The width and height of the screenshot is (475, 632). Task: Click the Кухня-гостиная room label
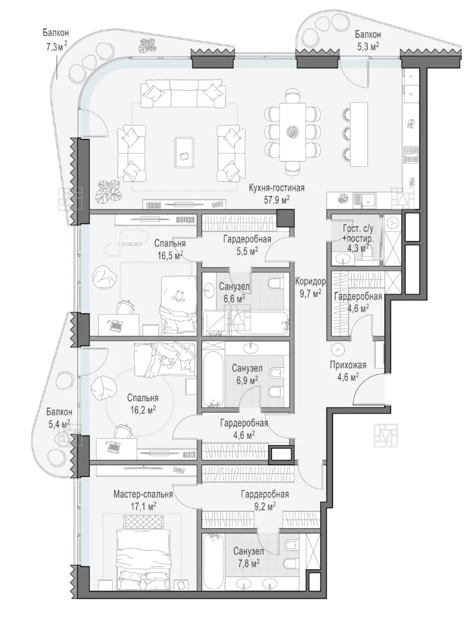[276, 188]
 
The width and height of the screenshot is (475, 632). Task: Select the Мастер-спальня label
[143, 494]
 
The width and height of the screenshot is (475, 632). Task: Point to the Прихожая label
[348, 365]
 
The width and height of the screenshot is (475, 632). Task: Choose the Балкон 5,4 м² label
[59, 418]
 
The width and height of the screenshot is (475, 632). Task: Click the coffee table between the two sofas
[185, 152]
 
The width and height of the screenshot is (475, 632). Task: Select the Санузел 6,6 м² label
[235, 292]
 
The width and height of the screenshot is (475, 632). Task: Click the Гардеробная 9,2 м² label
[265, 500]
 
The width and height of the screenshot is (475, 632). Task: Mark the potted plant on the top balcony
[148, 46]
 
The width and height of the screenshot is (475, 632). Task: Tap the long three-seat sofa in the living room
[182, 94]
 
